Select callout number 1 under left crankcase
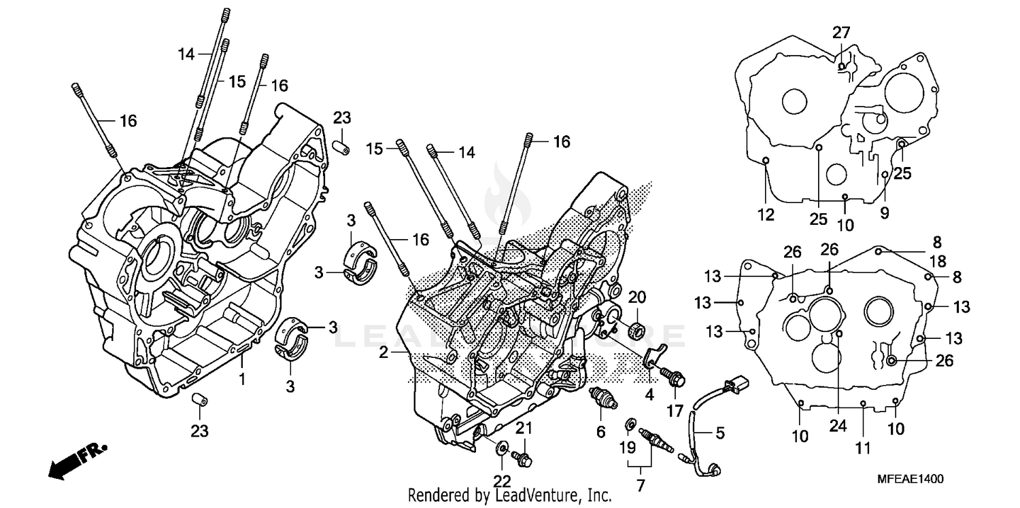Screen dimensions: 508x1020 pyautogui.click(x=242, y=378)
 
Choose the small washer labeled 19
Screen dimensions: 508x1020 pyautogui.click(x=630, y=425)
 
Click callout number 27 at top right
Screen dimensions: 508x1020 pyautogui.click(x=841, y=33)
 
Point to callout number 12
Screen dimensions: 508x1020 pyautogui.click(x=766, y=215)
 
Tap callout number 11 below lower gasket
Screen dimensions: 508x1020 pyautogui.click(x=863, y=449)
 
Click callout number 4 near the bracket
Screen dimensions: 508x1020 pyautogui.click(x=649, y=393)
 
